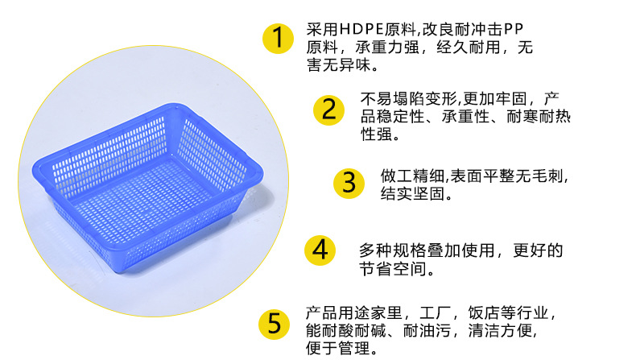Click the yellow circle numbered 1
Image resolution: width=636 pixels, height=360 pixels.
(277, 38)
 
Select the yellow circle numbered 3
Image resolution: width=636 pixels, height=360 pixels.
(349, 182)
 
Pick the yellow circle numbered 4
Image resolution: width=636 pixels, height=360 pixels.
(320, 249)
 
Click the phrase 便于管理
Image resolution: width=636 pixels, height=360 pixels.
(338, 349)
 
